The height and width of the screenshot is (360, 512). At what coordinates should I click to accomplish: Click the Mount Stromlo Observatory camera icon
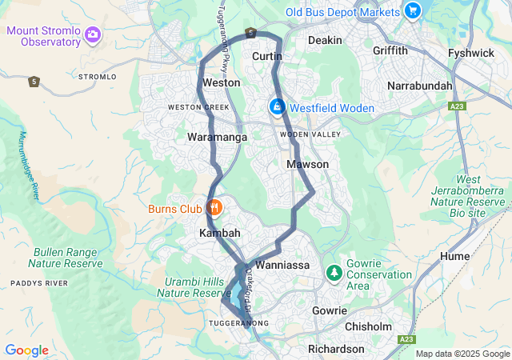point(94,34)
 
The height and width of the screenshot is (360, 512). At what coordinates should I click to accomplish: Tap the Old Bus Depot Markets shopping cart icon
point(413,11)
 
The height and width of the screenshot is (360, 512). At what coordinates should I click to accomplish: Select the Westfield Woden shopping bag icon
point(277,106)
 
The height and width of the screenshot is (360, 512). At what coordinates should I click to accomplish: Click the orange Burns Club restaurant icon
point(214,208)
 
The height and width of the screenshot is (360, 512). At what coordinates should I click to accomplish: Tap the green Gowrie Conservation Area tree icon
point(334,274)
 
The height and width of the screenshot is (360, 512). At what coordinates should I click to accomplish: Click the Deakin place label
point(326,40)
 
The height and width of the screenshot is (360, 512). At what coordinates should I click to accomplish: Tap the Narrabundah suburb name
point(420,85)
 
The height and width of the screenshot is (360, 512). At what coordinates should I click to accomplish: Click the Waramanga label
point(217,137)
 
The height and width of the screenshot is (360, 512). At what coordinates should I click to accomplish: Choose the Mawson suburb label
point(307,164)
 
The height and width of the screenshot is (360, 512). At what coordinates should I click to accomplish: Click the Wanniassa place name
point(282,264)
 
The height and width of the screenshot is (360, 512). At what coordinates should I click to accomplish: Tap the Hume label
point(455,256)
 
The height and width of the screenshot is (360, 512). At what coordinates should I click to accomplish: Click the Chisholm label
point(369,326)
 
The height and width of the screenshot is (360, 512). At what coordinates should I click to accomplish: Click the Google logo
point(26,350)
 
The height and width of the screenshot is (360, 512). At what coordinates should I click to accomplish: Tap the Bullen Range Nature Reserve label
point(67,257)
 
